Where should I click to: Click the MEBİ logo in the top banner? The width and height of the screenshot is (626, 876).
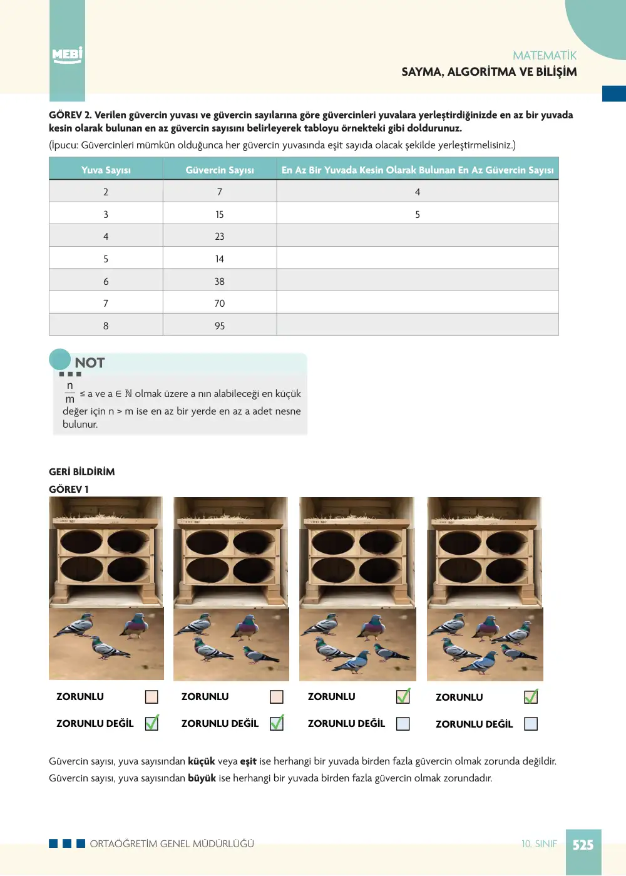[x=67, y=54]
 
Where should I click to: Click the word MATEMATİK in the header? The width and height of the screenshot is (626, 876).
[x=544, y=56]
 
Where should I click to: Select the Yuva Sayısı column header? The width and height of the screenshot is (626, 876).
[x=106, y=170]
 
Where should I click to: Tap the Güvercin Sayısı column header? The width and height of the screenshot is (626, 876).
[x=220, y=170]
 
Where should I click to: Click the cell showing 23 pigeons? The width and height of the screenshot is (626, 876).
[x=220, y=236]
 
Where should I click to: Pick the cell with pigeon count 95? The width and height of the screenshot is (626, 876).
[x=220, y=326]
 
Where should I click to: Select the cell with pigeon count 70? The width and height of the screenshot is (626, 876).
[x=220, y=303]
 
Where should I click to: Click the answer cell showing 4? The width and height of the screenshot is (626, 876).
[x=418, y=192]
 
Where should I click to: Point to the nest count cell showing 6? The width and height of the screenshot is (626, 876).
[x=106, y=281]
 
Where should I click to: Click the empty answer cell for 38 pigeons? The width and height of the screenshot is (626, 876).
[x=418, y=281]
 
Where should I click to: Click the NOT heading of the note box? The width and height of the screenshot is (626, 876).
[x=90, y=363]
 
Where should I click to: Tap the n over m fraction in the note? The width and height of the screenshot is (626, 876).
[x=69, y=392]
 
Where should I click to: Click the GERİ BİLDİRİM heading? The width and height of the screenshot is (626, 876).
[x=82, y=471]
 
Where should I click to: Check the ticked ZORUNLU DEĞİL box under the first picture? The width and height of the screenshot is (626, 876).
[x=151, y=723]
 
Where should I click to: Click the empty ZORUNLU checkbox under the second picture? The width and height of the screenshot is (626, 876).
[x=277, y=697]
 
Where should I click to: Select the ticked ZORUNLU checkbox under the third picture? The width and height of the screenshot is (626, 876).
[x=403, y=696]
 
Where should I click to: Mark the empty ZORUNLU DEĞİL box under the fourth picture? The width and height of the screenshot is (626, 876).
[x=531, y=724]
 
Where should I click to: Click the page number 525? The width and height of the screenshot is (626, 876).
[x=583, y=845]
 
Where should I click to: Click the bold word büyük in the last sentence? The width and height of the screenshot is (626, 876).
[x=202, y=778]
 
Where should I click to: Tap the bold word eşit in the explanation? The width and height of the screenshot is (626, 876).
[x=249, y=761]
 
